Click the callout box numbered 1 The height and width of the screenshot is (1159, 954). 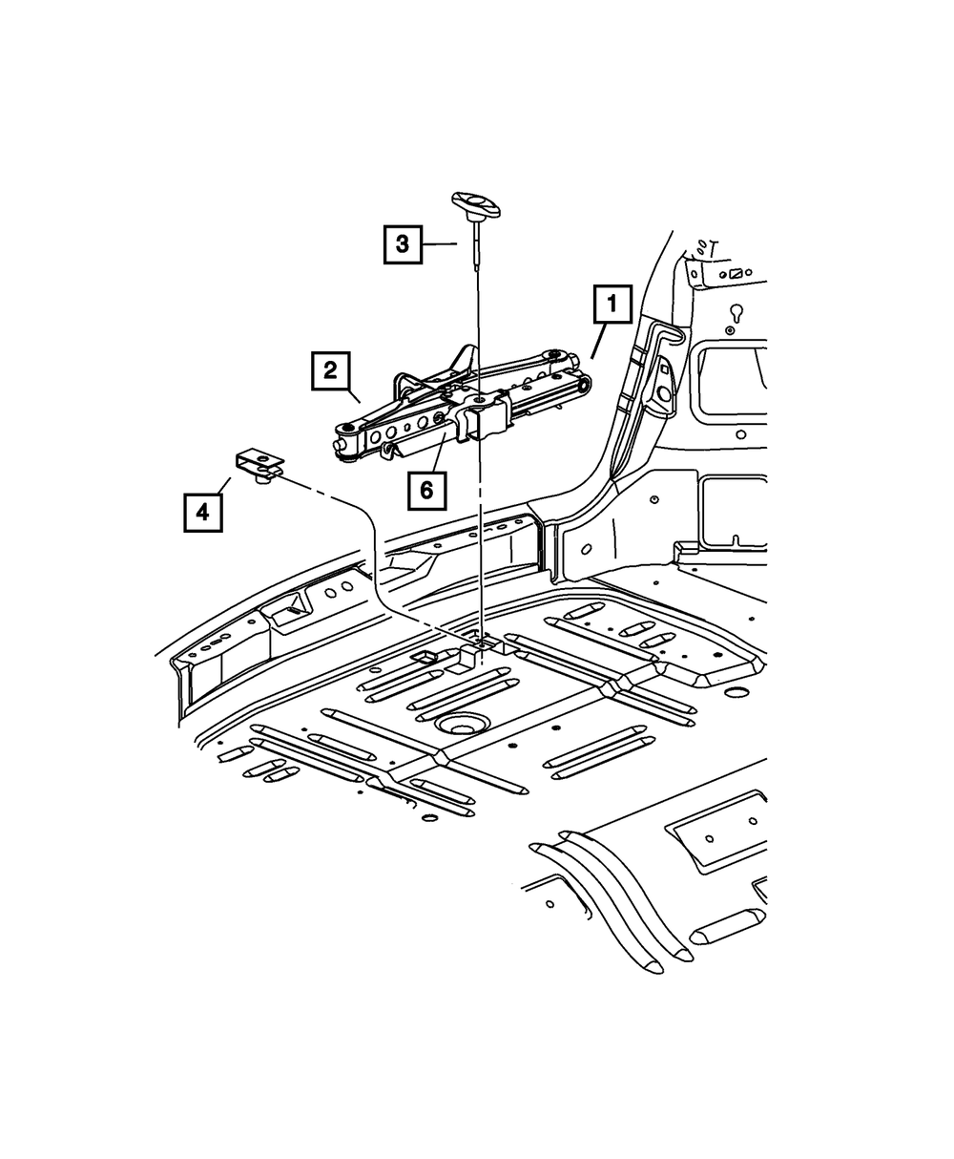(611, 307)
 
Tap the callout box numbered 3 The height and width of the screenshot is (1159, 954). (404, 244)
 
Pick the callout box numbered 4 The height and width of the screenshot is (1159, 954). (202, 512)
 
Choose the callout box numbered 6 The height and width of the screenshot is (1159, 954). (425, 491)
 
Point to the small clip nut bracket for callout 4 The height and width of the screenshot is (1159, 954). (260, 463)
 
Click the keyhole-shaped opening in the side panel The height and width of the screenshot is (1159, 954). (736, 312)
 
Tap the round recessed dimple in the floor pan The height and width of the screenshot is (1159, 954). (463, 726)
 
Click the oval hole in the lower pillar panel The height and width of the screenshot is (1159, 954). (586, 549)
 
